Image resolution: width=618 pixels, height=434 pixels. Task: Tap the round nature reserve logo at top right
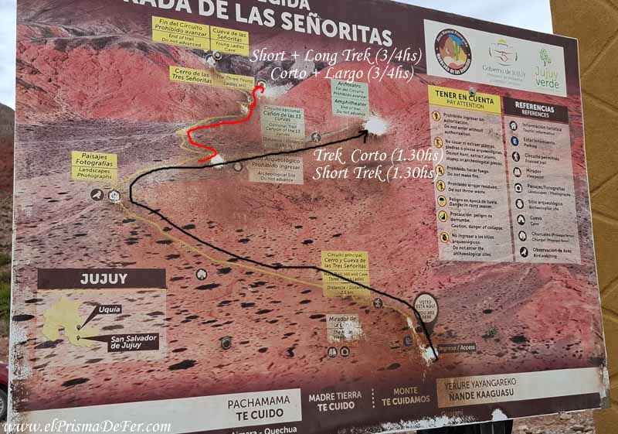[x=453, y=52]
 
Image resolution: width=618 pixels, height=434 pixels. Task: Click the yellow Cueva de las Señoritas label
[x=229, y=40]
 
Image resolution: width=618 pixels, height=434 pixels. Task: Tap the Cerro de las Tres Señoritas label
[x=191, y=76]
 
